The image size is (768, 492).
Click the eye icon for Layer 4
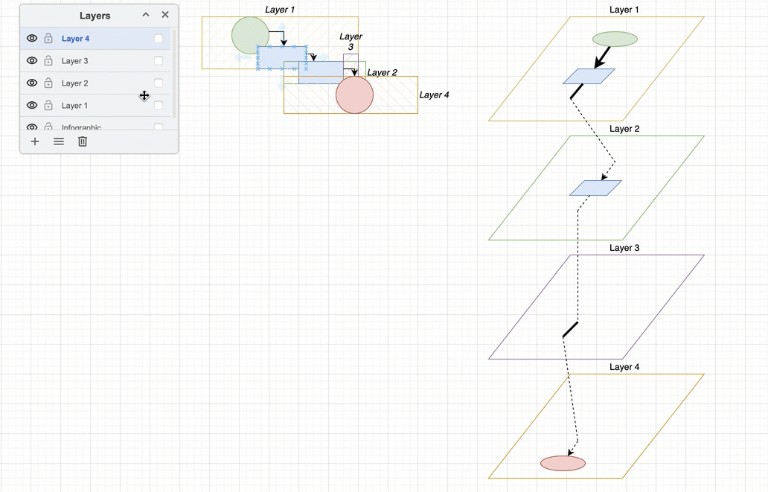coord(32,39)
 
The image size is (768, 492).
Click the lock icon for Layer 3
coord(48,61)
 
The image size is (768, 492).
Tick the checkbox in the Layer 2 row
coord(159,83)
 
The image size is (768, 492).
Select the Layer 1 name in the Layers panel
coord(74,106)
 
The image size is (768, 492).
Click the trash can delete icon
coord(83,141)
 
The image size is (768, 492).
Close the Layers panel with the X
coord(165,15)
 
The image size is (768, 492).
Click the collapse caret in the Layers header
coord(146,15)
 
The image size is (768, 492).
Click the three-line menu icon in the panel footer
coord(59,141)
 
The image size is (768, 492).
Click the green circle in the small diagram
coord(249,34)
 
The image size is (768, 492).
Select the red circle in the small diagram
coord(354,96)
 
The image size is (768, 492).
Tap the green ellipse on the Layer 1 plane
coord(615,39)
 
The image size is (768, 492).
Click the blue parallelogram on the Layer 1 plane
coord(589,76)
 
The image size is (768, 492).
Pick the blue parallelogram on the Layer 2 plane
coord(595,188)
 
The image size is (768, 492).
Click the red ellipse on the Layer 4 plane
coord(563,464)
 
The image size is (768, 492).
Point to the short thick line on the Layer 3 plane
coord(570,330)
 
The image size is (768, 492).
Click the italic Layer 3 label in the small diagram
coord(351,42)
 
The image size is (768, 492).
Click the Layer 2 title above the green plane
coord(624,129)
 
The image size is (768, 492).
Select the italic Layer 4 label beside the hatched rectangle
coord(434,95)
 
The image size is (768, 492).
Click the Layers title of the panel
coord(95,16)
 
